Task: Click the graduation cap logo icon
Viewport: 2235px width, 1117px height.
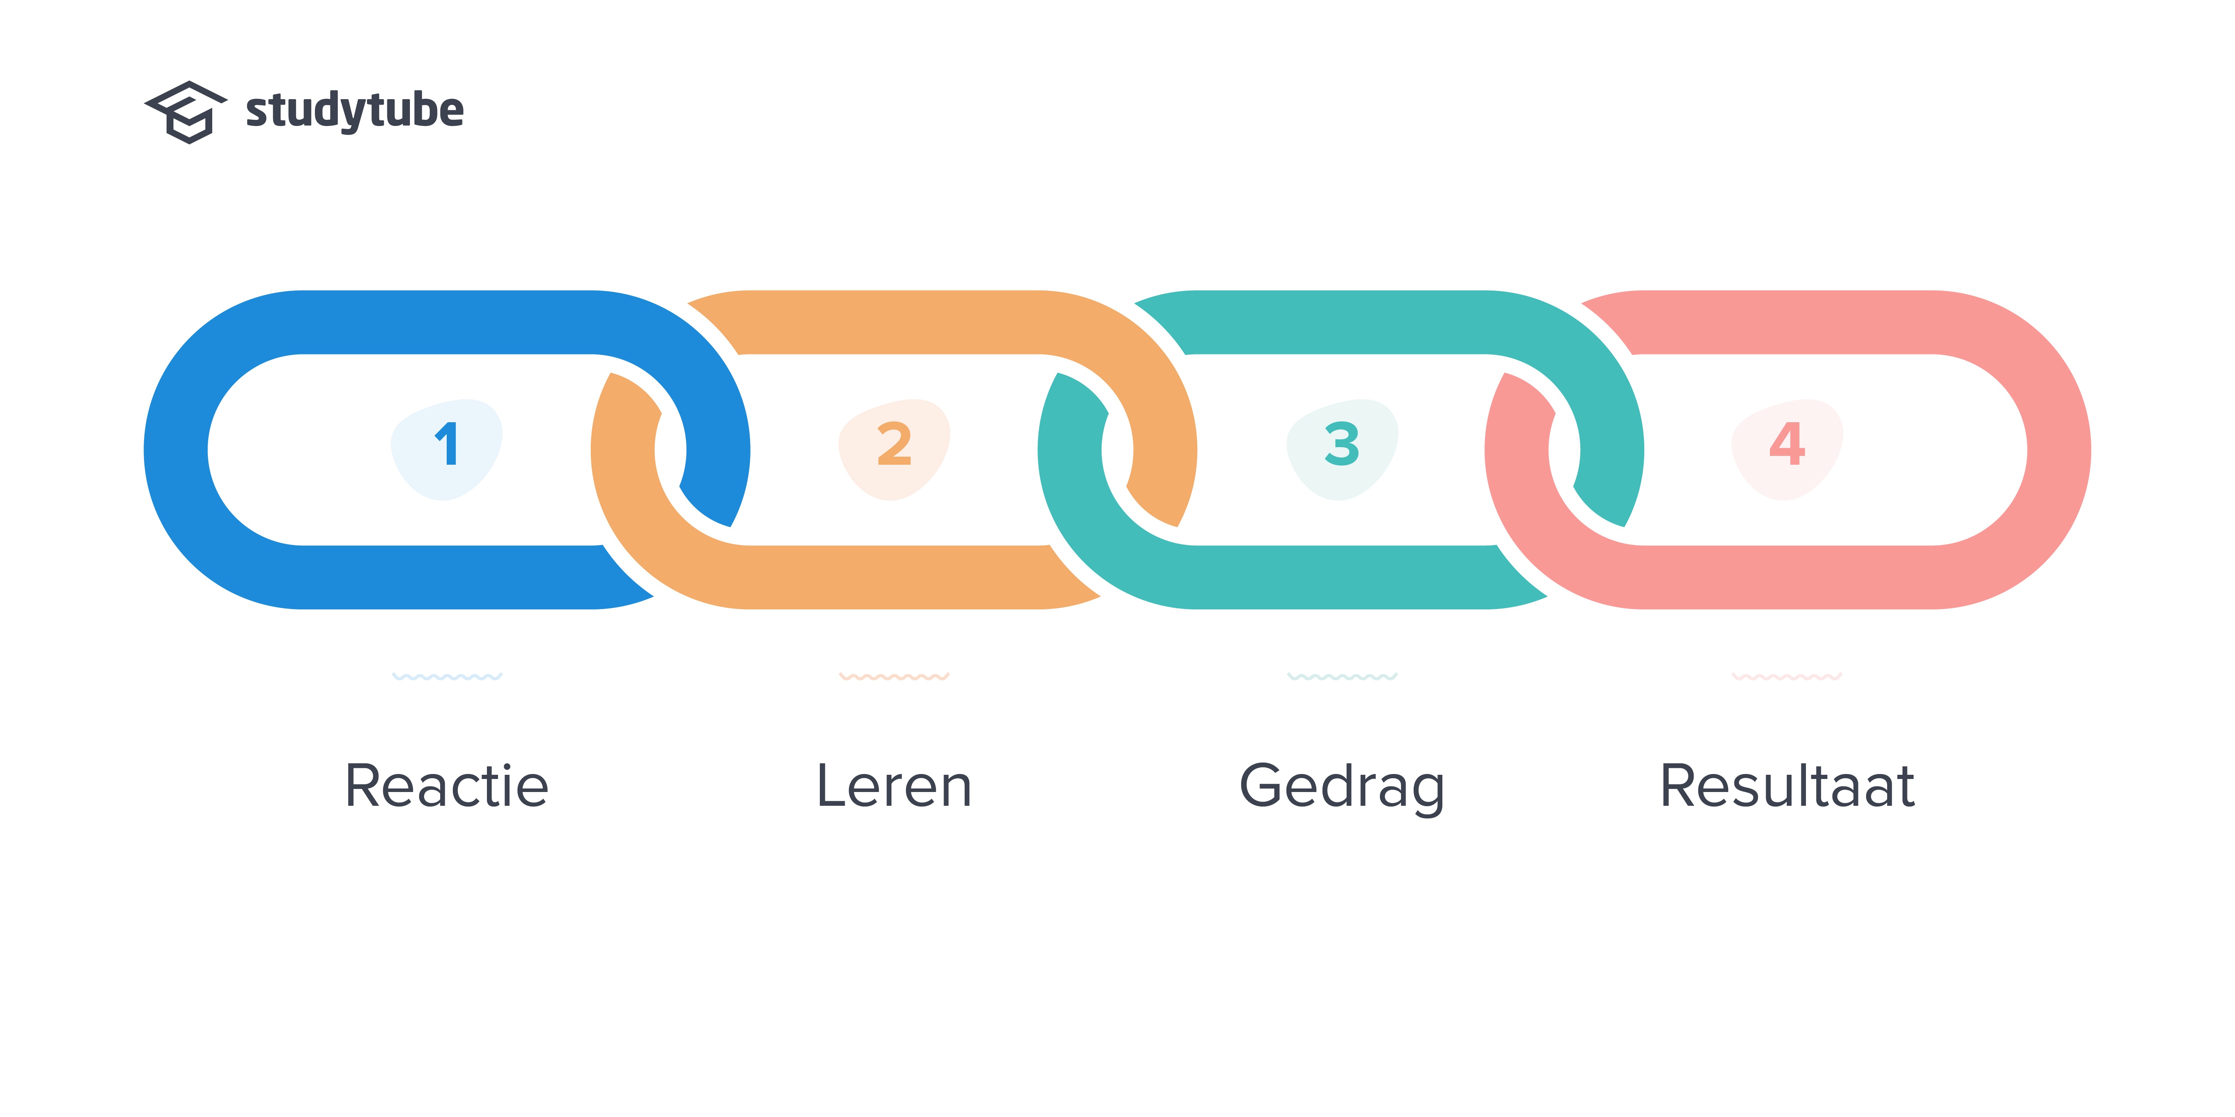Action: (x=186, y=112)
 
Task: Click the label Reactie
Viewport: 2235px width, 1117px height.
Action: (x=447, y=786)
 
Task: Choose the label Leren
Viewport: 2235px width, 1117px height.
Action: (x=895, y=786)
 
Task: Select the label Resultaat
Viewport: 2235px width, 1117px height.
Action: (x=1787, y=786)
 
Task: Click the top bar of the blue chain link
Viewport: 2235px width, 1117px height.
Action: (x=447, y=322)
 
